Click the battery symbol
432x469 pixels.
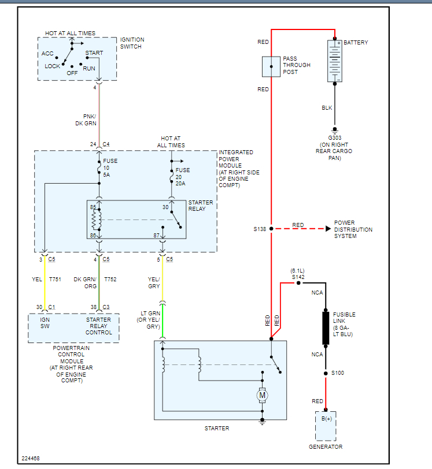335,61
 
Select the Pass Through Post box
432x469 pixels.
271,66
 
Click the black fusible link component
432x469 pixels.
326,327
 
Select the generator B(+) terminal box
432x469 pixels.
326,426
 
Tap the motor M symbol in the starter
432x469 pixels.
262,396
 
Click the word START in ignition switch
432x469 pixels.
94,53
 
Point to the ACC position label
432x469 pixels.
47,54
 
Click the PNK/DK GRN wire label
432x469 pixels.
86,120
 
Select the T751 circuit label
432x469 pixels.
55,279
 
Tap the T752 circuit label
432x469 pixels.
110,279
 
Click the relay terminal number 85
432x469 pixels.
93,207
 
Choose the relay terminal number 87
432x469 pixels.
156,235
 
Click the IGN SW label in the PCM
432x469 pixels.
45,323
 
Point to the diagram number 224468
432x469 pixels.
31,459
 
